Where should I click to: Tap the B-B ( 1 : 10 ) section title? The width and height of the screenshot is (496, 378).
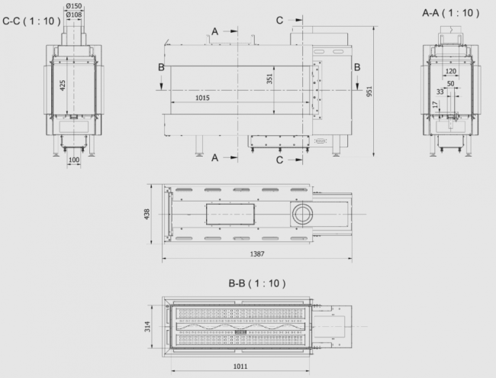[x=256, y=283]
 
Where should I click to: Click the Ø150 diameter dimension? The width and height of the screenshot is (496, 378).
[x=74, y=6]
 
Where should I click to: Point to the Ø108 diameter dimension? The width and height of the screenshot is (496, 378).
[x=74, y=15]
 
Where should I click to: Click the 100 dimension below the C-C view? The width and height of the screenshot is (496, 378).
[x=74, y=160]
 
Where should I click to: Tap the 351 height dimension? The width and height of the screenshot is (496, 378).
[x=269, y=79]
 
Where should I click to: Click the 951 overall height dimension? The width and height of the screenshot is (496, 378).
[x=369, y=92]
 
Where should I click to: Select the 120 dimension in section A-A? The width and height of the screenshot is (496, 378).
[x=450, y=71]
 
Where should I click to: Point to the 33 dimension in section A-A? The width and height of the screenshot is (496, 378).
[x=440, y=92]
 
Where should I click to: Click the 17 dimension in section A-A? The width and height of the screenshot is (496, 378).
[x=436, y=107]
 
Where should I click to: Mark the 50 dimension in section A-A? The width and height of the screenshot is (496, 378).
[x=450, y=83]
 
